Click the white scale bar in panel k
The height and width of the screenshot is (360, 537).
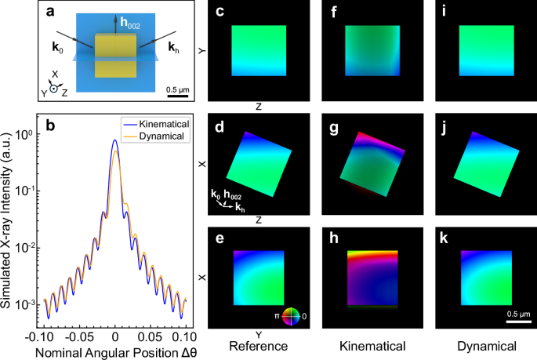[516, 320]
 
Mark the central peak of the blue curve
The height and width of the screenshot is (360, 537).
[115, 140]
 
